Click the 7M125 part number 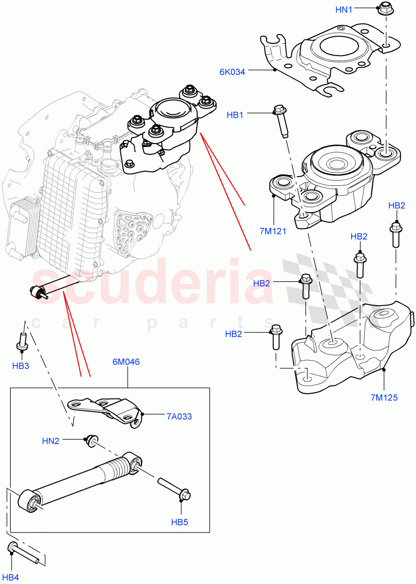(384, 398)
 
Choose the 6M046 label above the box (127, 362)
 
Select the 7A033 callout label (179, 416)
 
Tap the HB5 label (179, 522)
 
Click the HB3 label (20, 365)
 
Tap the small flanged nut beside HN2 (90, 439)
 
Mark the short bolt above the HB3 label (22, 340)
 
